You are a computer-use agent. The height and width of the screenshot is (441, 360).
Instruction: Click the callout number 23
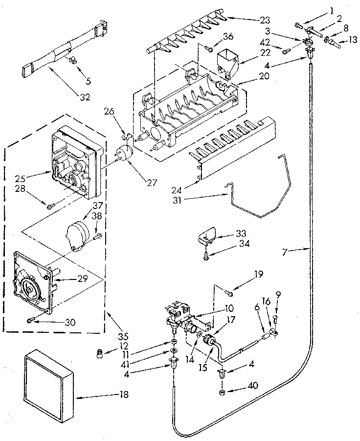coord(265,20)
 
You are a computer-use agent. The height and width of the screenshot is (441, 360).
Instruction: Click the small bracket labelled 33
coord(207,238)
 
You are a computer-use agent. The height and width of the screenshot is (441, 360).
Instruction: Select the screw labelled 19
coord(229,293)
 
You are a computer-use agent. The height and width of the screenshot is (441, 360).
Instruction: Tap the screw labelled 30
coord(31,321)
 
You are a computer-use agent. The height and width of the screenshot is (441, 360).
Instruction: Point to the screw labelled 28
coord(49,206)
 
